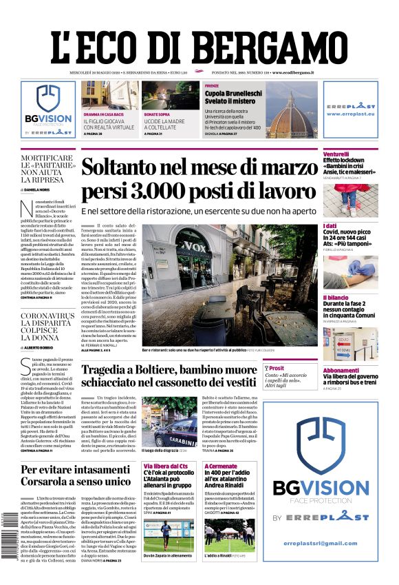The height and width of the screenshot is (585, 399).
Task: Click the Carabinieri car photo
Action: coord(160,421)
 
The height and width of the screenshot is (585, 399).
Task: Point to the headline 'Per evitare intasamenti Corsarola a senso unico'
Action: coord(75,475)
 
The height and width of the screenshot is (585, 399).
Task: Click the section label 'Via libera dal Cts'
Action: coord(164,466)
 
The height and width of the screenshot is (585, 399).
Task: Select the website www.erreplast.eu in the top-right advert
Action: coord(351,114)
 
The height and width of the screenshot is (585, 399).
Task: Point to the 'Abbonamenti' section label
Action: coord(341,369)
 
